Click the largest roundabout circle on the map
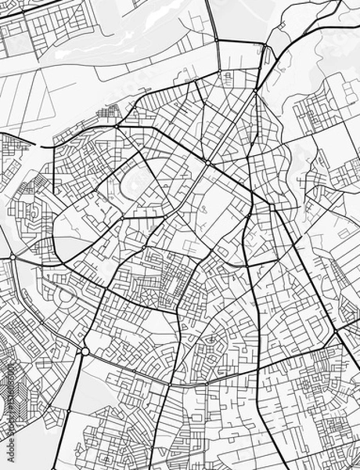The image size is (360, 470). pos(85,352)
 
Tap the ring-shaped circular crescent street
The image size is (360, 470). pos(62,297)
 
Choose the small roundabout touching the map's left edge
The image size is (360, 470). pos(13,257)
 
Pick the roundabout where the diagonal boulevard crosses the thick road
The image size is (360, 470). pos(207,165)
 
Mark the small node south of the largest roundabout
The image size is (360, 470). pos(68,409)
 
